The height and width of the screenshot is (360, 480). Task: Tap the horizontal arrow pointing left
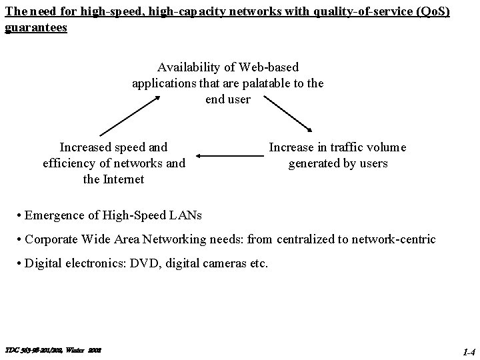pos(230,156)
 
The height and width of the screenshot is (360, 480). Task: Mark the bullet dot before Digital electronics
pos(19,263)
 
